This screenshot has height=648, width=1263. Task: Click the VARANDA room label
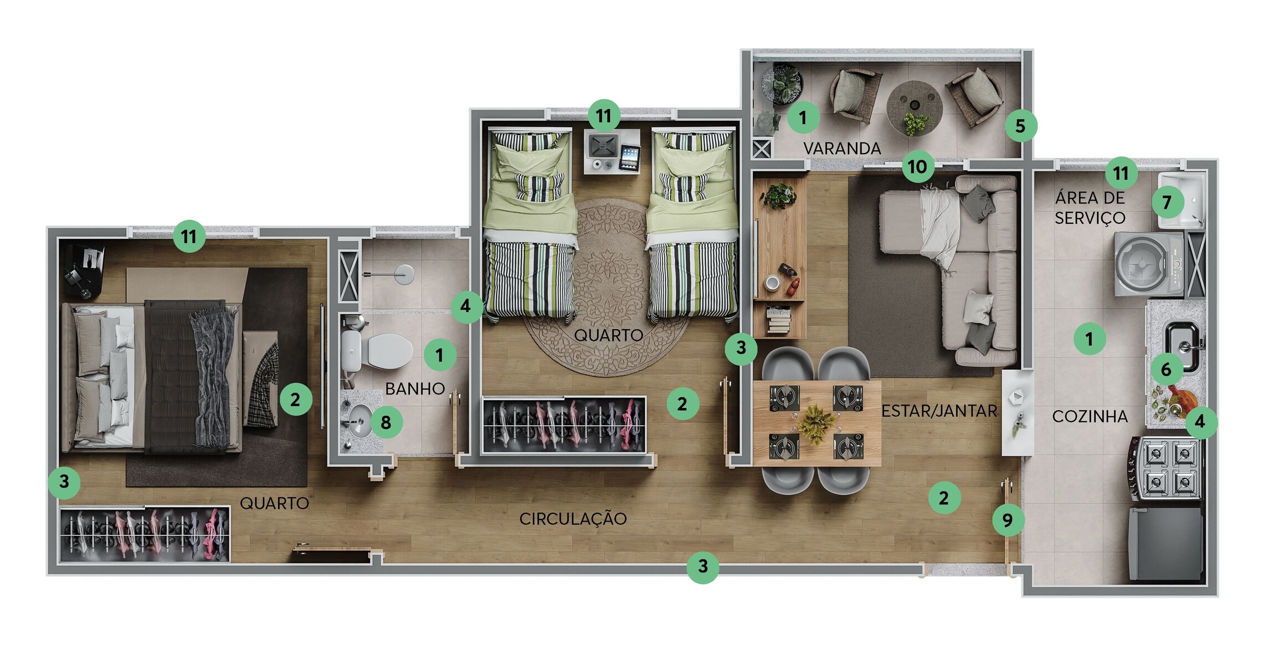[842, 149]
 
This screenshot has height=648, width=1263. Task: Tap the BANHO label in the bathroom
[415, 389]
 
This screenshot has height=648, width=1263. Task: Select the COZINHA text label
[1090, 416]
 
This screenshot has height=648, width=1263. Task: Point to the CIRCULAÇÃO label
[573, 519]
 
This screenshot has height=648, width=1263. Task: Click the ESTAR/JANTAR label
[939, 411]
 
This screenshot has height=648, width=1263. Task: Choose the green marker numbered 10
[917, 166]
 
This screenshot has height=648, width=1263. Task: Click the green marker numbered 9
[1008, 520]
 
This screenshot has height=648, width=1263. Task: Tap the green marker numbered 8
[386, 422]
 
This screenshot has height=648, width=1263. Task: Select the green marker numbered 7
[1167, 202]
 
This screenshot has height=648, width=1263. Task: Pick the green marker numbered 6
[1166, 369]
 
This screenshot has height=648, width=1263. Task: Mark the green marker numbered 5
[1020, 126]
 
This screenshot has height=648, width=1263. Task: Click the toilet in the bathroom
[377, 351]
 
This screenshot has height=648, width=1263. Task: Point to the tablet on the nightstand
[629, 158]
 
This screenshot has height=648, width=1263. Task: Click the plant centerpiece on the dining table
[815, 424]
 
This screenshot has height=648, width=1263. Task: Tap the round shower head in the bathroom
[404, 274]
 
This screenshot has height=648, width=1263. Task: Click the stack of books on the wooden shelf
[778, 320]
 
